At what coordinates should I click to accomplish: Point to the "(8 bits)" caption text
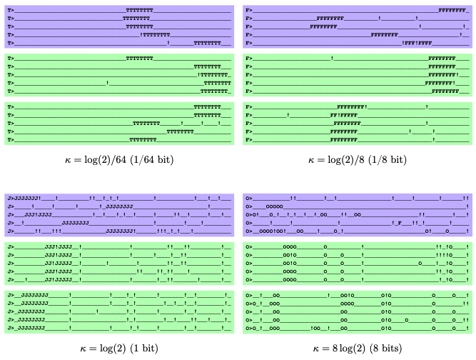tap(386, 349)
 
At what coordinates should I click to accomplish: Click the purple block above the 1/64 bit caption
tap(119, 26)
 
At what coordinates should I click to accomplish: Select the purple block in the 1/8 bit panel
tap(358, 26)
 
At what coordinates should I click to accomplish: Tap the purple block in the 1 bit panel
tap(119, 214)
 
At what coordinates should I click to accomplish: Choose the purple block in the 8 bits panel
tap(358, 214)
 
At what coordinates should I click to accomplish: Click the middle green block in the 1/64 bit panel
tap(119, 74)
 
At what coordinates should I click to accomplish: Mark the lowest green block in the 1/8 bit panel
tap(358, 123)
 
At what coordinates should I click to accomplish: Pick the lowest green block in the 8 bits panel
tap(358, 312)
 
